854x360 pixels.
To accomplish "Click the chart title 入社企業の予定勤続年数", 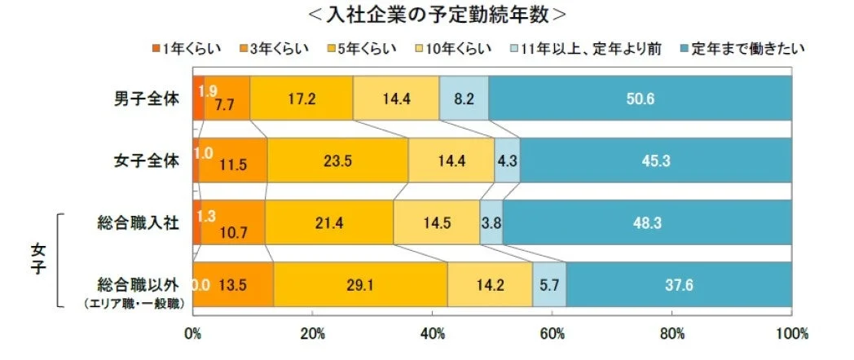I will [x=427, y=15].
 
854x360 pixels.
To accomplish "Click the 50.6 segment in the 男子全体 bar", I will [x=640, y=99].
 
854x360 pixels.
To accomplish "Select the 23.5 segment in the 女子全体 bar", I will [x=337, y=160].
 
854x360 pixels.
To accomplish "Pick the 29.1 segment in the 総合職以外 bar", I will [x=360, y=285].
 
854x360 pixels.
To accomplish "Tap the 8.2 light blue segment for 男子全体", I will [x=464, y=99].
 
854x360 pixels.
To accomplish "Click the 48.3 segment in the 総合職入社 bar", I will [x=646, y=222].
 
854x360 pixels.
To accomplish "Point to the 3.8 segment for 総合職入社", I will [x=491, y=222].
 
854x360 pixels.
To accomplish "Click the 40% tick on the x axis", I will [x=433, y=334].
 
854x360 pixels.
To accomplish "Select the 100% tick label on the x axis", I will [x=790, y=334].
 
